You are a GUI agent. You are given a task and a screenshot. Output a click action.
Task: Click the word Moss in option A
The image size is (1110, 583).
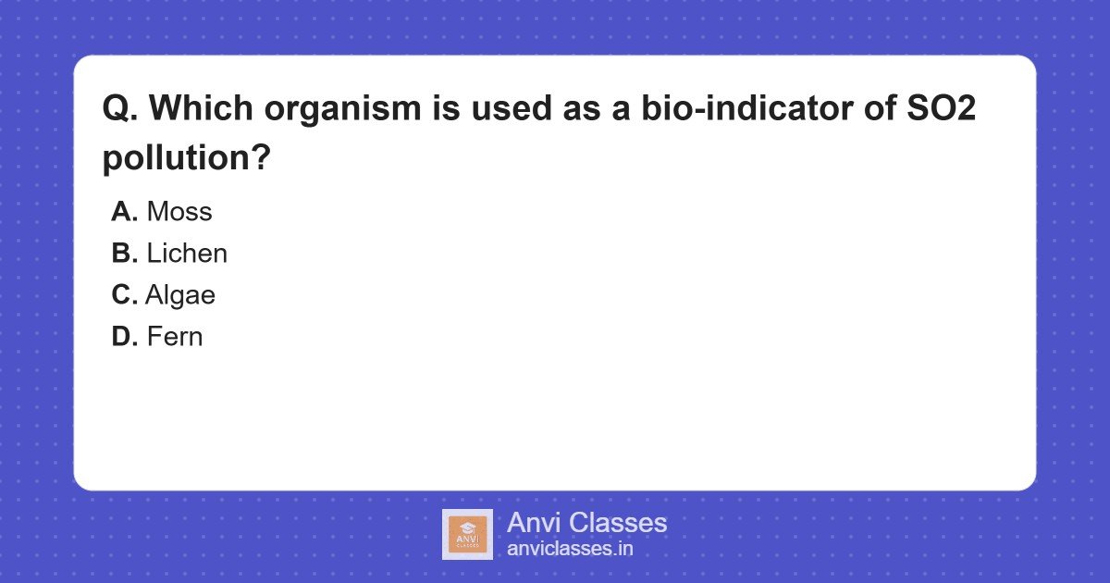tap(179, 212)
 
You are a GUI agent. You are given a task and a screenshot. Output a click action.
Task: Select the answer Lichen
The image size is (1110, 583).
tap(187, 254)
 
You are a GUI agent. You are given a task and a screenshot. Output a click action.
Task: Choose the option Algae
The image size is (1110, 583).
tap(180, 296)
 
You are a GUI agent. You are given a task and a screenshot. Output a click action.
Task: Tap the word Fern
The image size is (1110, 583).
tap(175, 337)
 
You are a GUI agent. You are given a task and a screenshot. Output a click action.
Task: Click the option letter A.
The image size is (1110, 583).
tap(124, 212)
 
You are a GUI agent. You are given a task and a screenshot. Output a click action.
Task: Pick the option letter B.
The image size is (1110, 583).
tap(124, 254)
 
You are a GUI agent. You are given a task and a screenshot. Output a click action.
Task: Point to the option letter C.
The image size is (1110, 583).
tap(124, 295)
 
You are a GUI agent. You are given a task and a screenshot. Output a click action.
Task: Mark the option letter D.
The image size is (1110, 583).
tap(124, 337)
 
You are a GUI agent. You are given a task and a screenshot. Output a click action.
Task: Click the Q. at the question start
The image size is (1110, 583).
tap(120, 108)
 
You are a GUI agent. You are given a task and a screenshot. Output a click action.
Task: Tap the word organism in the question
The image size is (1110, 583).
tap(342, 109)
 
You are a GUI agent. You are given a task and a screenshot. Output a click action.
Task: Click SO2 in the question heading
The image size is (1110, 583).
tap(941, 107)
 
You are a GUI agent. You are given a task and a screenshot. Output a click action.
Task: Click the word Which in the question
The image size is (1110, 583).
tap(202, 107)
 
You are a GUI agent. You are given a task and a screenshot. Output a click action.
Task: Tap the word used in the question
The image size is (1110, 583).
tap(512, 107)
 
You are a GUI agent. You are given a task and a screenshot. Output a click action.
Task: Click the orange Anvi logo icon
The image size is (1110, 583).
tap(467, 535)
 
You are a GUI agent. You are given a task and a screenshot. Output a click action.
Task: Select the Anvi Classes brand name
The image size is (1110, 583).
tap(586, 523)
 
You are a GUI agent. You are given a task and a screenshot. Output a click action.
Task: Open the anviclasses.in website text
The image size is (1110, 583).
tap(570, 549)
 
